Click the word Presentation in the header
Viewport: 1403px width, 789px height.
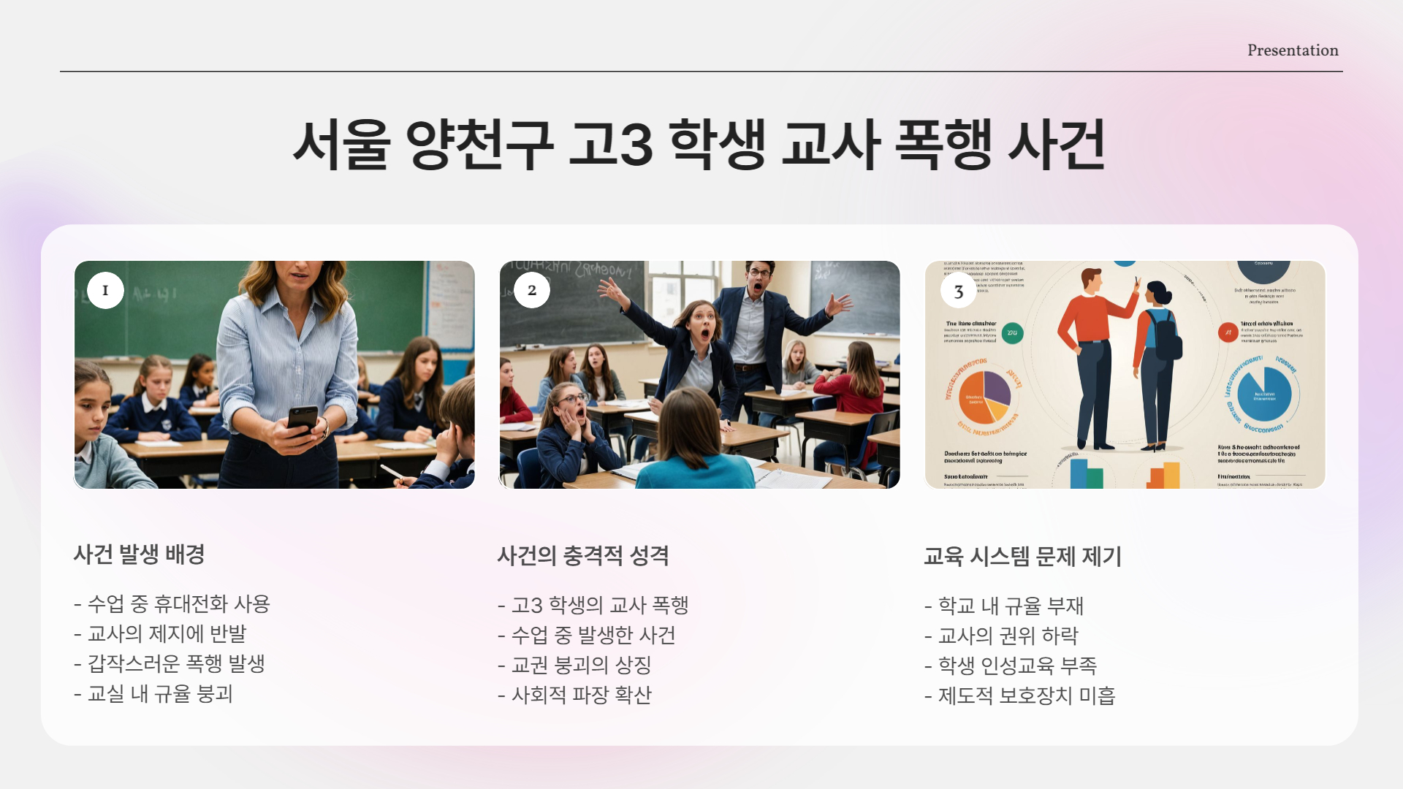(x=1293, y=50)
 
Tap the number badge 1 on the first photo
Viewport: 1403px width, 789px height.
(x=105, y=290)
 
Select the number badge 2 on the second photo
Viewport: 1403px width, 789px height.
(x=532, y=290)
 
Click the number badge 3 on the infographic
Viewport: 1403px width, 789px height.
(x=959, y=291)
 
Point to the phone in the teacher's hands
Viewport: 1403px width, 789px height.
(x=302, y=419)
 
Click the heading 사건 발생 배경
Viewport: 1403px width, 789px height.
(x=139, y=554)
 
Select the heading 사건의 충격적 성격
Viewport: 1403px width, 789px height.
(x=582, y=556)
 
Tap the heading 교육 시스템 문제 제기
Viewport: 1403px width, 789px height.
(x=1022, y=557)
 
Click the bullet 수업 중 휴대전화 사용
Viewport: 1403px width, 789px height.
(x=178, y=604)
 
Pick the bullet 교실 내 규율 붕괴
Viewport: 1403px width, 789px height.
(x=159, y=694)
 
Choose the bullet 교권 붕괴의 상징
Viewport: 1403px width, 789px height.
(x=580, y=666)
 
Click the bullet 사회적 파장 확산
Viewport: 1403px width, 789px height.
(x=580, y=695)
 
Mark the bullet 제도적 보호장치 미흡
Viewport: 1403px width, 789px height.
(x=1026, y=696)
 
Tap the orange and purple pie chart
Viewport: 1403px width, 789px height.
(x=984, y=397)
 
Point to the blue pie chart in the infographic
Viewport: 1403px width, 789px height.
(x=1264, y=394)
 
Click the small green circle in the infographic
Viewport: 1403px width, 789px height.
(x=1012, y=333)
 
